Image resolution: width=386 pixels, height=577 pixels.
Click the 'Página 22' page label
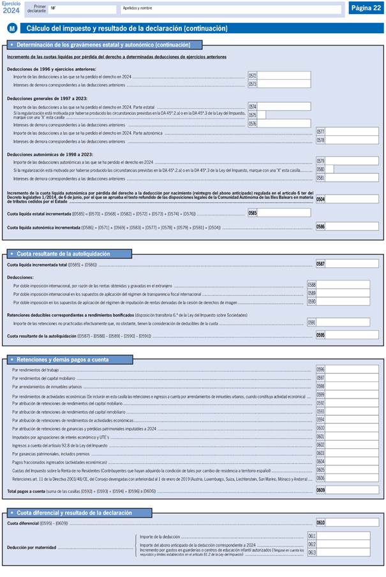(x=366, y=8)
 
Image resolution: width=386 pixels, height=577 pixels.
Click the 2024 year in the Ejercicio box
(x=12, y=10)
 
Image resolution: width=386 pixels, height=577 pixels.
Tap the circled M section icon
(x=12, y=29)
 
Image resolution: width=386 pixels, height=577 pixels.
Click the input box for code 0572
(x=284, y=75)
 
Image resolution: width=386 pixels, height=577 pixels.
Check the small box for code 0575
(x=262, y=115)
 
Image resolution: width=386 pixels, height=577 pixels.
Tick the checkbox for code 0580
(x=329, y=170)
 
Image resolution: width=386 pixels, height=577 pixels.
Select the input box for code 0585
(x=284, y=212)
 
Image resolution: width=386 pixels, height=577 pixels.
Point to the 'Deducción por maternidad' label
(x=31, y=547)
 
